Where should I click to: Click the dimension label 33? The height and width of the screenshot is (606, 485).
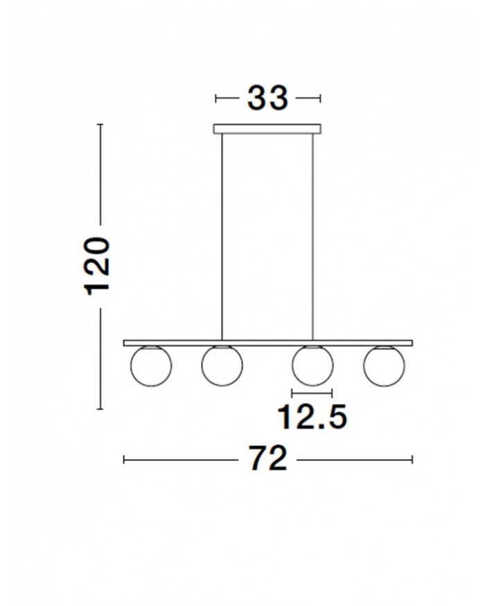pos(267,98)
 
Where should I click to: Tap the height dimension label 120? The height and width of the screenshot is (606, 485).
pos(97,266)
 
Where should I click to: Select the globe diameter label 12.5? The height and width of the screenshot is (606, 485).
pos(312,417)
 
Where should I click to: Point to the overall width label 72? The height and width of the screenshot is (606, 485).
pos(267,458)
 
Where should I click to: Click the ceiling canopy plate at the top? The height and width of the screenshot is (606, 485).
pos(267,129)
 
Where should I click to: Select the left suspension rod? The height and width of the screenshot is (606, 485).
pos(222,237)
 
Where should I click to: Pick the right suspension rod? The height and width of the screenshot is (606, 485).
pos(312,237)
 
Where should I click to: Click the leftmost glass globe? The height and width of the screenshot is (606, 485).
pos(151,366)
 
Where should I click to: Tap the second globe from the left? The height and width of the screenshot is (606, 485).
pos(222,365)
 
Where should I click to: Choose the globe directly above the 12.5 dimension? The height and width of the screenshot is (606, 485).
pos(312,365)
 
